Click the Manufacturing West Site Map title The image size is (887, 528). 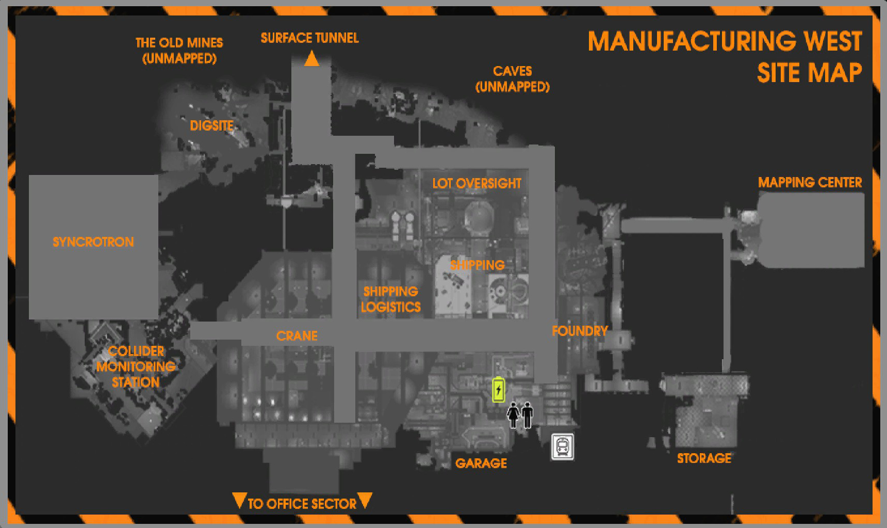click(725, 56)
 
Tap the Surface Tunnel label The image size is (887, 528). click(309, 38)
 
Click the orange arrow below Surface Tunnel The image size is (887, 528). click(311, 59)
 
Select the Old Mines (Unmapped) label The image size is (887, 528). click(179, 51)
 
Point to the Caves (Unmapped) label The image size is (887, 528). click(512, 79)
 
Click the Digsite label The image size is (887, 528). click(211, 125)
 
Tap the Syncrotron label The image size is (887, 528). click(93, 242)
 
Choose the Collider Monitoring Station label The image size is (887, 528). click(136, 367)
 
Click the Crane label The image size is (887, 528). click(297, 336)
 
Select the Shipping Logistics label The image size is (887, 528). click(390, 299)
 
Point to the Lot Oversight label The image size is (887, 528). click(477, 183)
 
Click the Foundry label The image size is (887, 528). click(580, 331)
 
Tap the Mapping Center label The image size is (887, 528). click(810, 182)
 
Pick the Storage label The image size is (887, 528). click(704, 458)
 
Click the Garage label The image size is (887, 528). click(481, 463)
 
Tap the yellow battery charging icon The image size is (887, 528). click(499, 389)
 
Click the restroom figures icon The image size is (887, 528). click(520, 415)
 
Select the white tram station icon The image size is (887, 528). click(562, 447)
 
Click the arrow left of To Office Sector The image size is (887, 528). click(239, 501)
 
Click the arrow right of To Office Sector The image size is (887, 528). click(365, 501)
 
